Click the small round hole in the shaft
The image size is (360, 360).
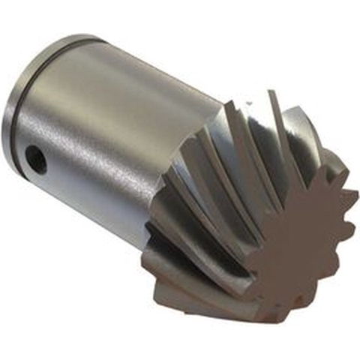click(34, 157)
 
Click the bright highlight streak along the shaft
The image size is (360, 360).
click(112, 112)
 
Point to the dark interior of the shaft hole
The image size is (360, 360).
click(34, 157)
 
